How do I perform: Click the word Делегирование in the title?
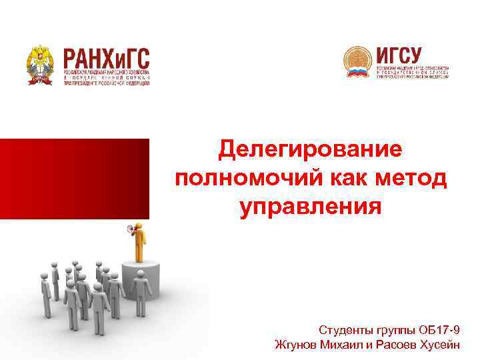point(310,149)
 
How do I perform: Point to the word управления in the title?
point(310,207)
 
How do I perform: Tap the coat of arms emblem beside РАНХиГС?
point(41,65)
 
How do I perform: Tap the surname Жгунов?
point(297,345)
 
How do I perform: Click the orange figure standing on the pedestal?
point(139,243)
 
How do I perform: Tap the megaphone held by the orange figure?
point(130,230)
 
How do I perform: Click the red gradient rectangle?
point(75,179)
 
